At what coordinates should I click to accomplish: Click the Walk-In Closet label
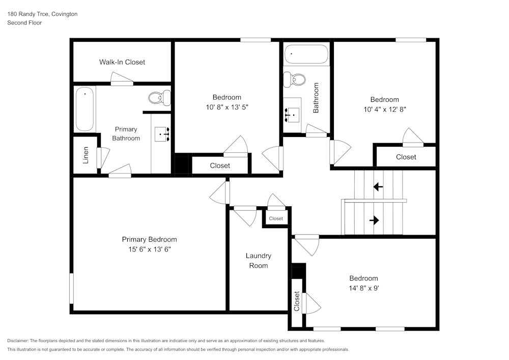tap(122, 62)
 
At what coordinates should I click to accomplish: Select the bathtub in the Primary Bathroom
tap(85, 109)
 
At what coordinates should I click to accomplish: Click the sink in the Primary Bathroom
tap(163, 134)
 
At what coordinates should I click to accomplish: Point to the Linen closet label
tap(86, 156)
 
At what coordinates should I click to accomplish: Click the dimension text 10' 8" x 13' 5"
tap(227, 107)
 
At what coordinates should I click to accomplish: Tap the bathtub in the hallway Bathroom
tap(306, 54)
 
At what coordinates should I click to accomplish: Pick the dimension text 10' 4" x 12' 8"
tap(384, 109)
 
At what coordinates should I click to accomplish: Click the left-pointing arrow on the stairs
tap(378, 187)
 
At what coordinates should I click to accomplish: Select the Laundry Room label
tap(259, 261)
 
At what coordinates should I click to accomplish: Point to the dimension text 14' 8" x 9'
tap(363, 288)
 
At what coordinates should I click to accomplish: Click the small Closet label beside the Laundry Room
tap(276, 218)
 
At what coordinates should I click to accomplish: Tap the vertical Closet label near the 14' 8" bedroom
tap(297, 301)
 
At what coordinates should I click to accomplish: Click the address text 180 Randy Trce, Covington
tap(42, 14)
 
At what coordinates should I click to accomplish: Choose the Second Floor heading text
tap(24, 23)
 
